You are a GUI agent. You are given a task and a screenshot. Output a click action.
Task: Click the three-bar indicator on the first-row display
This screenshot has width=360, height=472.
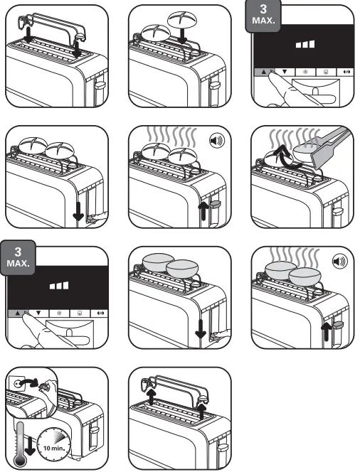click(306, 44)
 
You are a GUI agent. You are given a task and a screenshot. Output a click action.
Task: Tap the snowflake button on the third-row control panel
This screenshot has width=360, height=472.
click(60, 312)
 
